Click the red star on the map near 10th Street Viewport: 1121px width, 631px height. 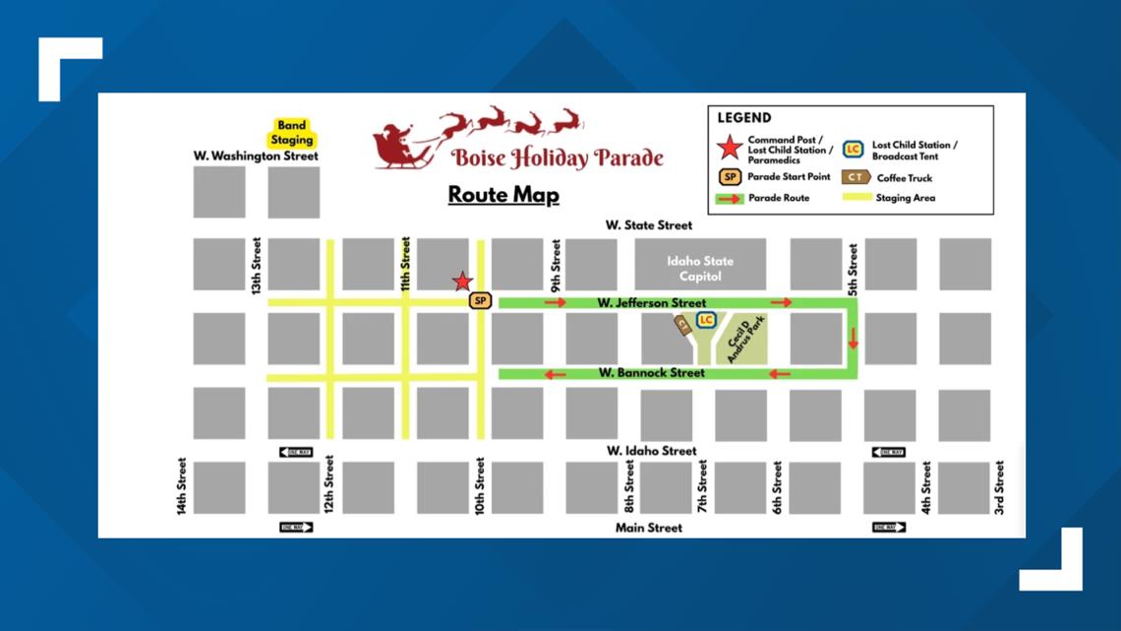pyautogui.click(x=462, y=282)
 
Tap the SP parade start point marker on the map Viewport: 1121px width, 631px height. pyautogui.click(x=480, y=300)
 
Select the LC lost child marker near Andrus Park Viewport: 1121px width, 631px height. pyautogui.click(x=705, y=320)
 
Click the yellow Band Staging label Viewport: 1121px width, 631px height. pyautogui.click(x=292, y=133)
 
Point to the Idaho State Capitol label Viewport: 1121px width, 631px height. pyautogui.click(x=700, y=269)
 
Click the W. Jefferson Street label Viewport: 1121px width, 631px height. pyautogui.click(x=651, y=303)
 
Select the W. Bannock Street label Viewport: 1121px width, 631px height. pyautogui.click(x=651, y=373)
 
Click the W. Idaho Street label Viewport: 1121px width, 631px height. pyautogui.click(x=651, y=451)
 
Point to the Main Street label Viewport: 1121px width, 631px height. pyautogui.click(x=649, y=528)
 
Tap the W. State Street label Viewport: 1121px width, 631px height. pyautogui.click(x=649, y=225)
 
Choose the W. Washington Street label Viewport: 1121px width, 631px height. pyautogui.click(x=256, y=156)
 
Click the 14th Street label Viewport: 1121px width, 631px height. pyautogui.click(x=182, y=486)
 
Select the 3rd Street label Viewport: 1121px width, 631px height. pyautogui.click(x=999, y=488)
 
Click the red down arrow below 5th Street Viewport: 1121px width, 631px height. pyautogui.click(x=853, y=338)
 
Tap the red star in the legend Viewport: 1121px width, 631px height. pyautogui.click(x=730, y=149)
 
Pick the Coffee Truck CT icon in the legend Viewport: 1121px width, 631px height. pyautogui.click(x=856, y=177)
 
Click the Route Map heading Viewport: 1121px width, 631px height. pyautogui.click(x=503, y=194)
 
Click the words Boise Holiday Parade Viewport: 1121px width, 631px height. pyautogui.click(x=558, y=158)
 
